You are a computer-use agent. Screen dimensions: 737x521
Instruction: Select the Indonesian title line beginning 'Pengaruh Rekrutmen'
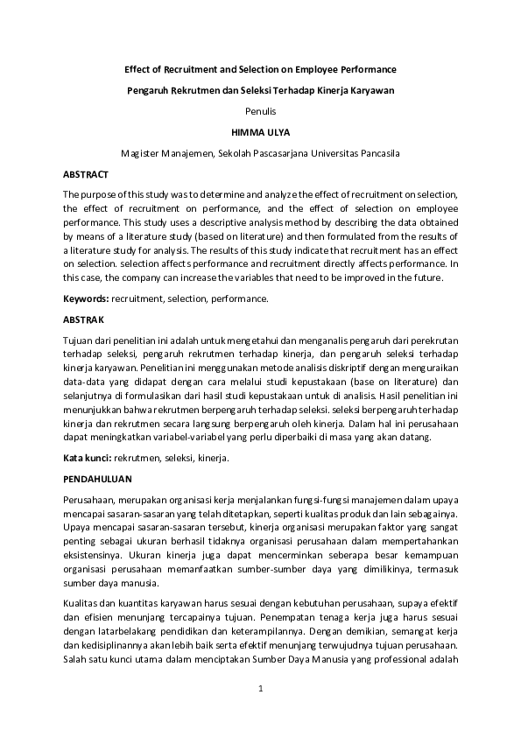[x=260, y=90]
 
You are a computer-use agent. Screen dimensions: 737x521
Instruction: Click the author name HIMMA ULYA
[x=260, y=132]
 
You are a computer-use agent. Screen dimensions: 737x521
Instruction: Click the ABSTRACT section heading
[x=86, y=175]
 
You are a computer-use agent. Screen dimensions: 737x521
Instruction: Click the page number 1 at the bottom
[x=260, y=690]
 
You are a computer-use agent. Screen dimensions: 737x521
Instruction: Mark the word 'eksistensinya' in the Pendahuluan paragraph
[x=94, y=555]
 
